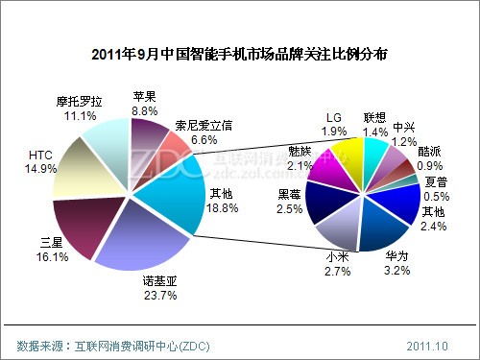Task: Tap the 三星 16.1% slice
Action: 86,226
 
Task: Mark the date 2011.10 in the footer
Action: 427,345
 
